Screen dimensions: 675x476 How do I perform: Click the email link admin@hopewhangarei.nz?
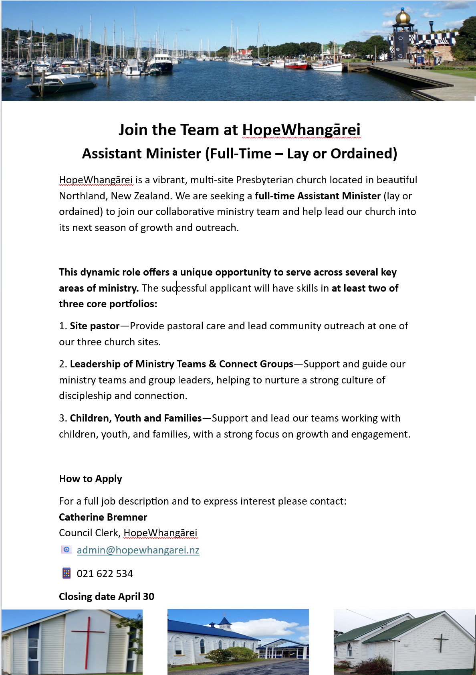[x=138, y=550]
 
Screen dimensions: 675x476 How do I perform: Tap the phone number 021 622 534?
[x=105, y=574]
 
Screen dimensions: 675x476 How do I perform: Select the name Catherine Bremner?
[x=103, y=517]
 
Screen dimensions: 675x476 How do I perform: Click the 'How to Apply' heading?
[x=91, y=478]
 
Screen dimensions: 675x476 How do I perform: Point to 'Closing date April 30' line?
[x=107, y=596]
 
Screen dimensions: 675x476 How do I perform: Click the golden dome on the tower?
[x=403, y=16]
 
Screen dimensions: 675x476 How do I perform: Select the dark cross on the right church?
[x=441, y=643]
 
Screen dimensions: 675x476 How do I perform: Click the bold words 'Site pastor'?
[x=95, y=326]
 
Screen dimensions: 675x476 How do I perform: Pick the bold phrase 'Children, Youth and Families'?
[x=136, y=418]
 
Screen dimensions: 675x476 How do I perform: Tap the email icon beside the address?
[x=67, y=549]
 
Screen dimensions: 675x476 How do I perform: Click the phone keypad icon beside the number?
[x=67, y=573]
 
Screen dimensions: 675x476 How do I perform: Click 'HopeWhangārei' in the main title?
[x=301, y=130]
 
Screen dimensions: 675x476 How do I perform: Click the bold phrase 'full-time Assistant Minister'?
[x=317, y=196]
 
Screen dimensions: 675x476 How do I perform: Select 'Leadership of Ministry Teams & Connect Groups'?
[x=182, y=364]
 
